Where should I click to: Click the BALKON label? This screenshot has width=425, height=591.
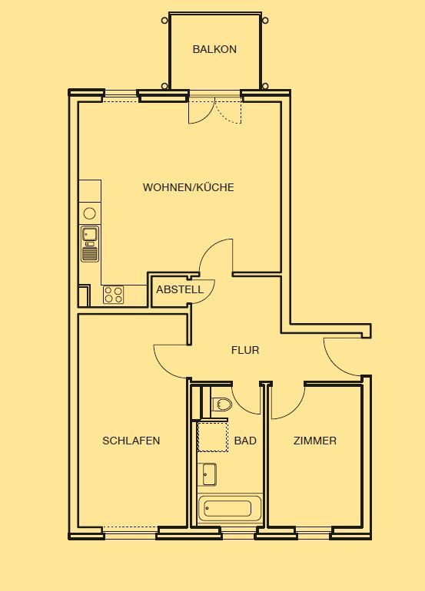214,49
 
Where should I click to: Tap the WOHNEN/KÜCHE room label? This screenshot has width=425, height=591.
188,187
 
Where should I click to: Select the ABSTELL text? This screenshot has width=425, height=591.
180,289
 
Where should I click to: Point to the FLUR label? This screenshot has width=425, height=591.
245,350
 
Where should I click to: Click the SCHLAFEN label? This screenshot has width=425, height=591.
131,441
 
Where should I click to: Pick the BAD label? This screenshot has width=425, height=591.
245,441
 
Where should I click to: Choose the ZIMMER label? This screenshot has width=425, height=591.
315,441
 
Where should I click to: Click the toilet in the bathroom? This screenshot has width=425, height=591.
221,404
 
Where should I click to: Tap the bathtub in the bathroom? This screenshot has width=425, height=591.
230,508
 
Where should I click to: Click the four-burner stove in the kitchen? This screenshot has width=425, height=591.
113,295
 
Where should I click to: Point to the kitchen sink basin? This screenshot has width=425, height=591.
90,233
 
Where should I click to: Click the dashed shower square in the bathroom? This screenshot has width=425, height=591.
213,436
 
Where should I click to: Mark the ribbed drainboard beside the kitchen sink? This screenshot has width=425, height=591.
90,253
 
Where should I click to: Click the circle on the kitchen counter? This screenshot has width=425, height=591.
89,213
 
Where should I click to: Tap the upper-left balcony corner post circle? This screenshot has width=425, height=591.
164,21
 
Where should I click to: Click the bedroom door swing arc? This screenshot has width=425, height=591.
166,368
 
